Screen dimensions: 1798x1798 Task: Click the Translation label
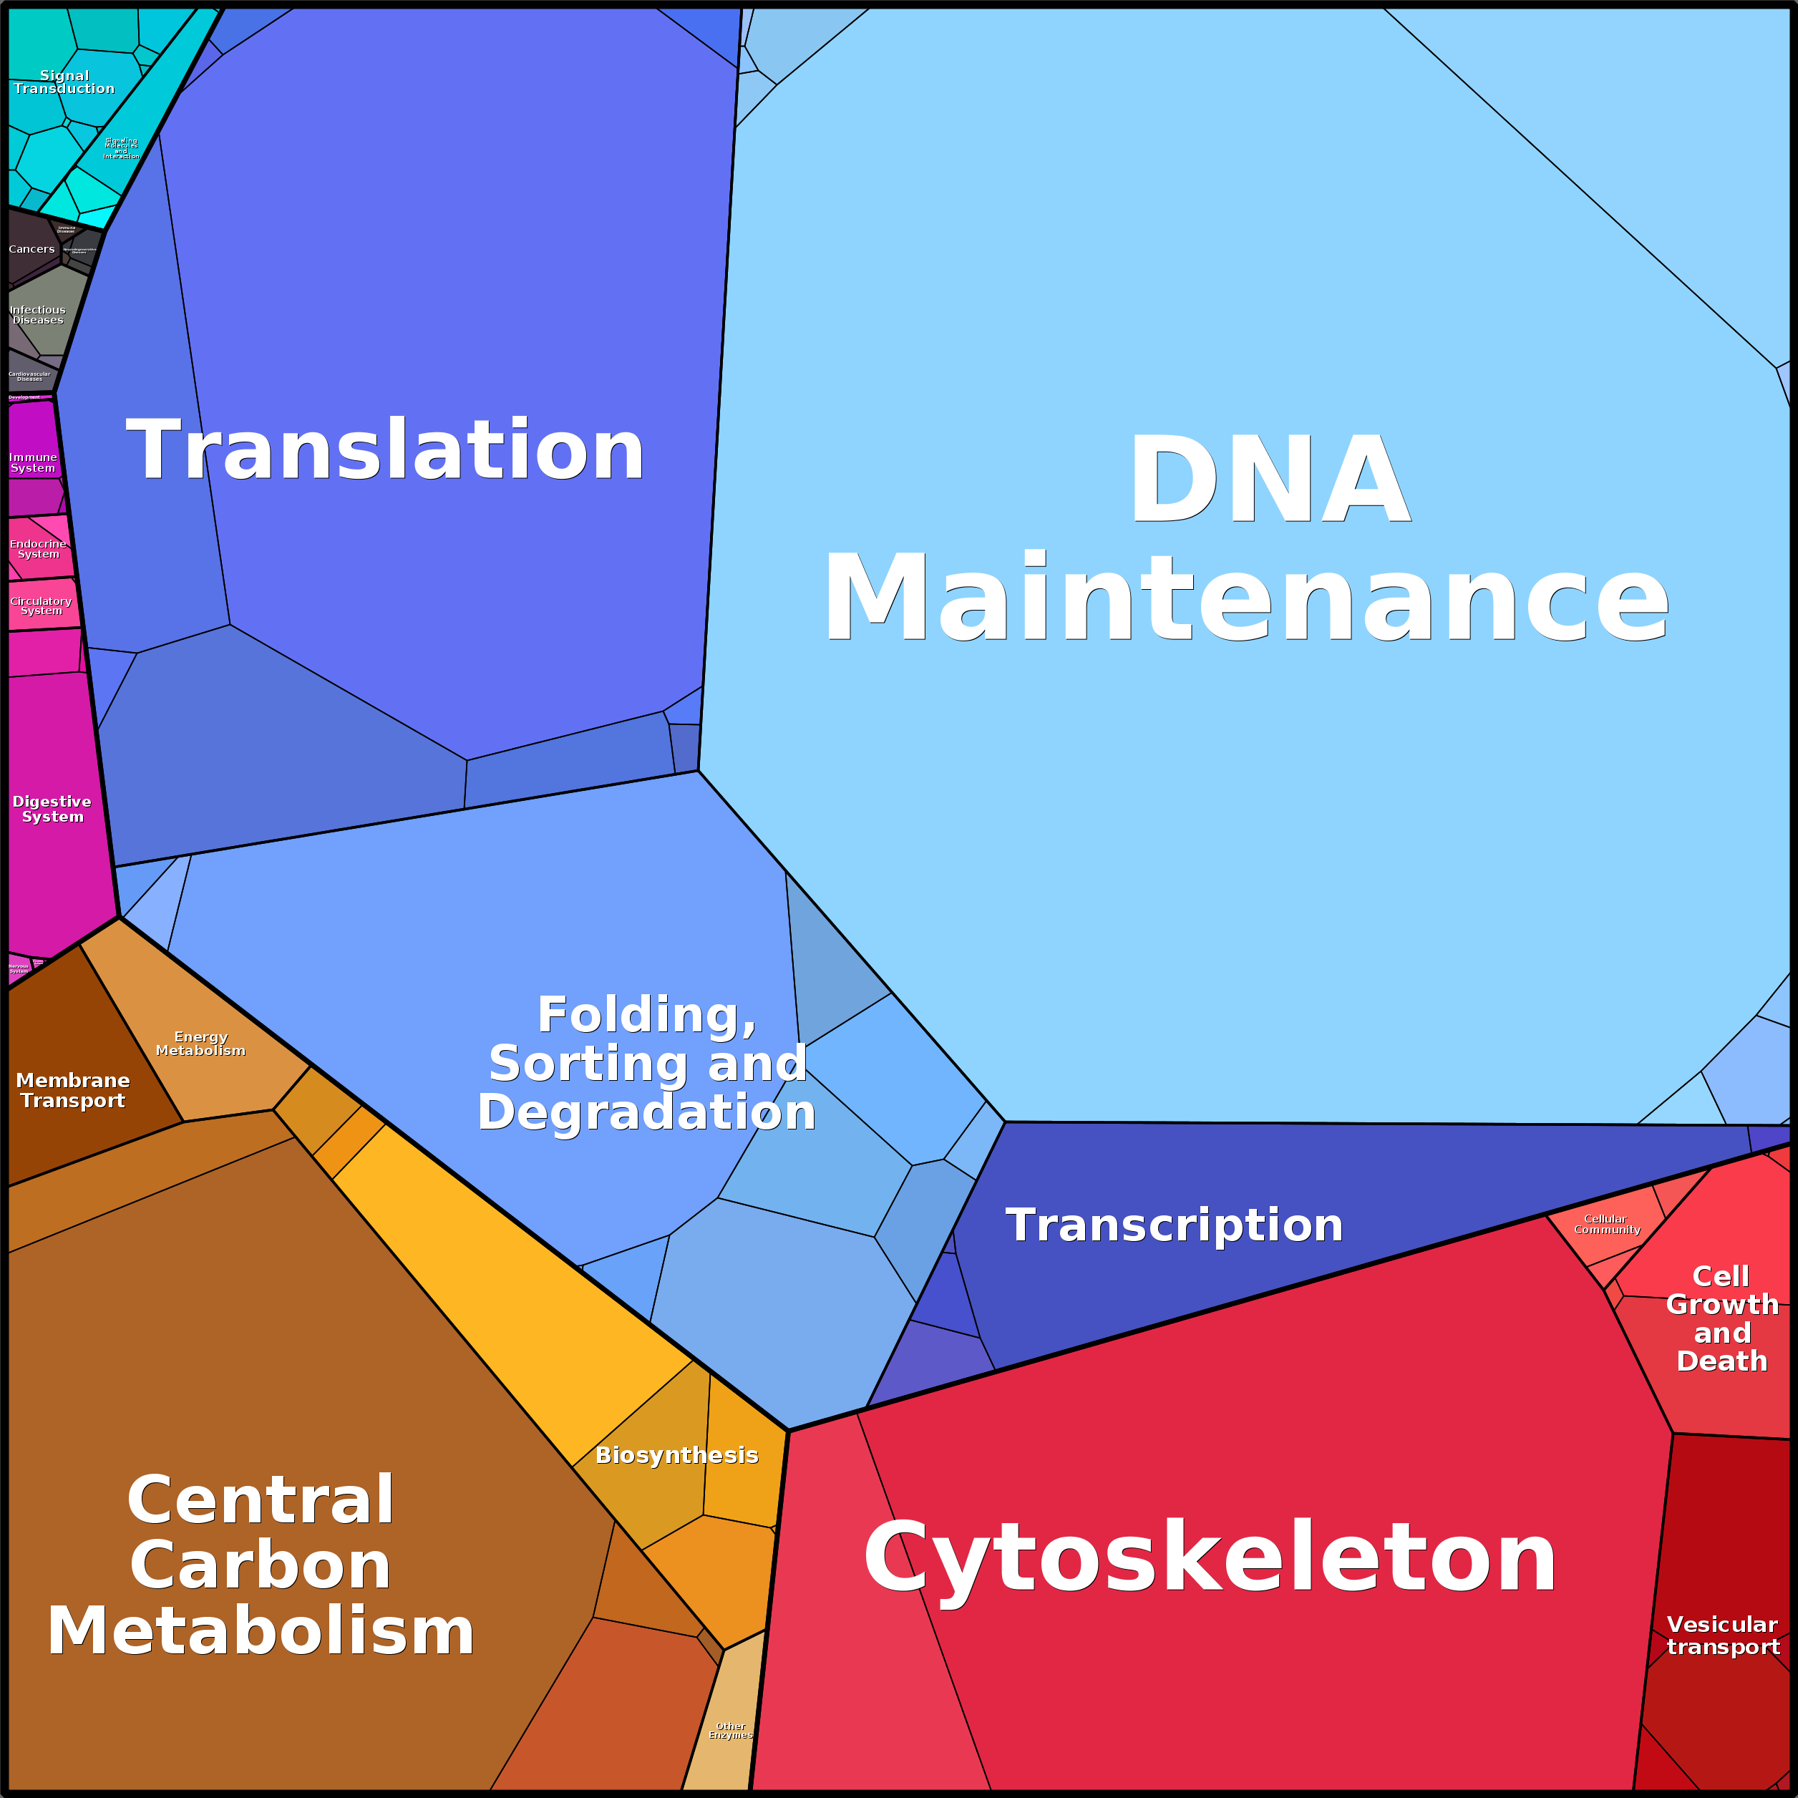[x=385, y=450]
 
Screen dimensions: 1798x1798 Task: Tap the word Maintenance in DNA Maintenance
[x=1245, y=598]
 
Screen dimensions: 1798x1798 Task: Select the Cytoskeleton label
[x=1210, y=1559]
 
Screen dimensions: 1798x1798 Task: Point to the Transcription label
[x=1175, y=1225]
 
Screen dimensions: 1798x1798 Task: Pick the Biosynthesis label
[x=676, y=1454]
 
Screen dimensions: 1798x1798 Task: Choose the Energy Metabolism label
[x=200, y=1044]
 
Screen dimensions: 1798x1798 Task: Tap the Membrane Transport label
[x=72, y=1090]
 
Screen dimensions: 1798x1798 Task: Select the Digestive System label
[x=52, y=809]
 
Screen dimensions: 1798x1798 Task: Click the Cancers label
[x=31, y=249]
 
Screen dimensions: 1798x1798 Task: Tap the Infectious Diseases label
[x=37, y=314]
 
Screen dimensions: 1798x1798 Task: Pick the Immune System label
[x=34, y=462]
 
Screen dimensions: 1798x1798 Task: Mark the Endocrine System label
[x=38, y=549]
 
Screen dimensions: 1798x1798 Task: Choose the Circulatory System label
[x=41, y=606]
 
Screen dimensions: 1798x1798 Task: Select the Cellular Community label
[x=1606, y=1224]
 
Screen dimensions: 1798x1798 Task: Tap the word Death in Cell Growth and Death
[x=1721, y=1361]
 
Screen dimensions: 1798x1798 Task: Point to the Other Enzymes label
[x=731, y=1730]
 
